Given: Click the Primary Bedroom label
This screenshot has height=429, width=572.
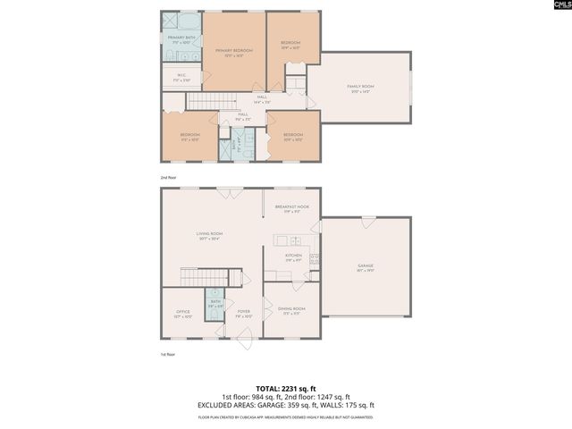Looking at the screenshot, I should point(234,53).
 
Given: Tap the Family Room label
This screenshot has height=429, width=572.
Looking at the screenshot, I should point(360,88).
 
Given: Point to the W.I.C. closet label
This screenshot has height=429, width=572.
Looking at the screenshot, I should point(181,77).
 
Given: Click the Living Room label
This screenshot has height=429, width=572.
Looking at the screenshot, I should point(209,237).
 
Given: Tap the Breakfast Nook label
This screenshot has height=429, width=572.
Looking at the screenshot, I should point(291,210).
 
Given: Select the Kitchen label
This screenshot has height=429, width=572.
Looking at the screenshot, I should point(293,257).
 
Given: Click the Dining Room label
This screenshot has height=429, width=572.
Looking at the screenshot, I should point(291,311).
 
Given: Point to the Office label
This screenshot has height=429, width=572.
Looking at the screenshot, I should point(182,314).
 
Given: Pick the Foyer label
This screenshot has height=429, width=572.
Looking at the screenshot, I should point(242,314).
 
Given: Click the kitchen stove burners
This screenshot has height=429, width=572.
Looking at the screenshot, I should point(314,260).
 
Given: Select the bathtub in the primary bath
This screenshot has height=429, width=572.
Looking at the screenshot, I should point(190,21).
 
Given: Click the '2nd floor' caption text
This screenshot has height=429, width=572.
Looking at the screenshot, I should point(169,178).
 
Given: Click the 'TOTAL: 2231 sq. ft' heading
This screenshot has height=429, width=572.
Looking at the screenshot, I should point(285,388).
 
